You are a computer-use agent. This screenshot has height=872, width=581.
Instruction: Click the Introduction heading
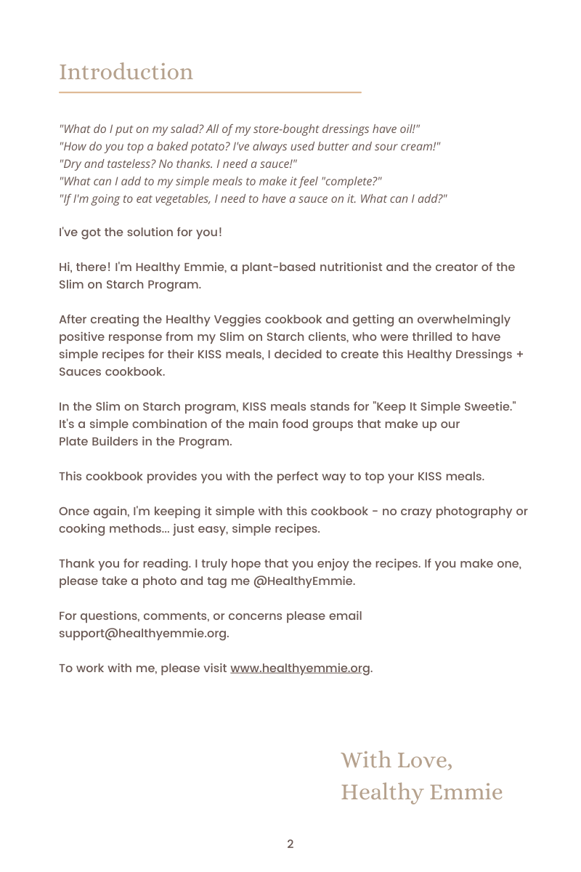(126, 72)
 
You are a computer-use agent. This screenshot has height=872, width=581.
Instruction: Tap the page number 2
(290, 844)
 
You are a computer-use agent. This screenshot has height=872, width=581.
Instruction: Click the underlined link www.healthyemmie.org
(301, 668)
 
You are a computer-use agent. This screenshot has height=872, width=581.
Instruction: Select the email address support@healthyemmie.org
(144, 633)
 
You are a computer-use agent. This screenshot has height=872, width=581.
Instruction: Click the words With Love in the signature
(397, 760)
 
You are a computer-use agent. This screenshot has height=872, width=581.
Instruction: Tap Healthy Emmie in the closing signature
(421, 791)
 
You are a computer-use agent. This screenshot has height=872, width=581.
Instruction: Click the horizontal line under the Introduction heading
(210, 93)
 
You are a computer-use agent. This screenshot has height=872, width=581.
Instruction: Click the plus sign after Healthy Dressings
(520, 354)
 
